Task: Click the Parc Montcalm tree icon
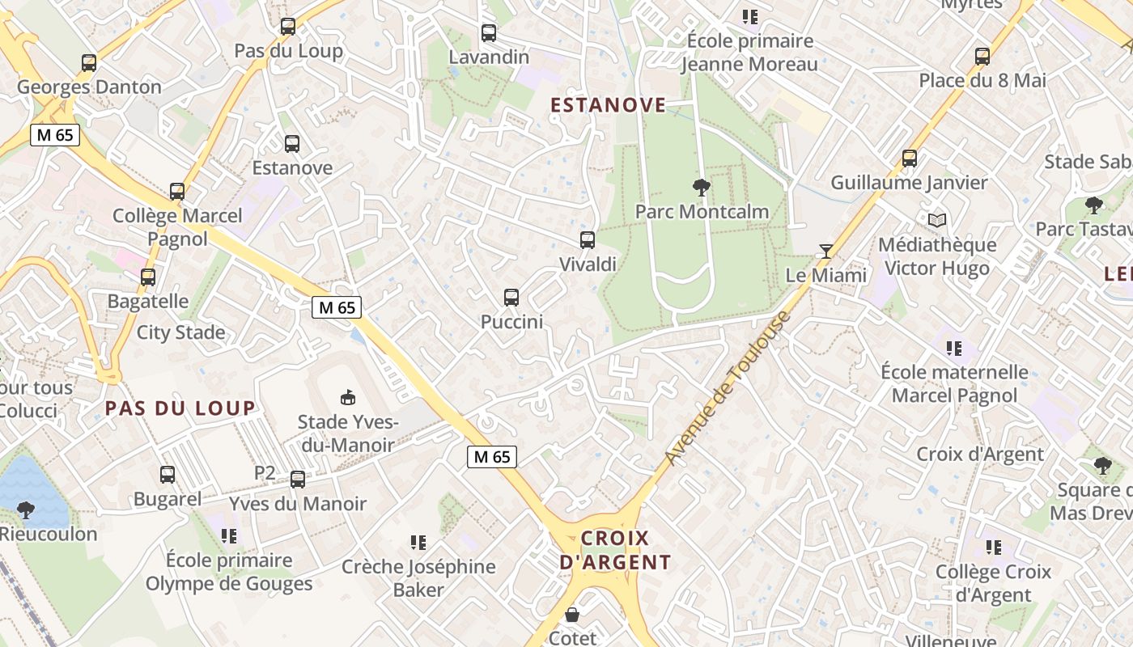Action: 702,188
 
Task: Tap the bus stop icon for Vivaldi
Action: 588,240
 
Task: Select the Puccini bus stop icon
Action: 511,298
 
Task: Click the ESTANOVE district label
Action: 609,105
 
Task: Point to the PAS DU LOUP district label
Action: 180,408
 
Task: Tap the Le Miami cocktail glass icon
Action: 825,252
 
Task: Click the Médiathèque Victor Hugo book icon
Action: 937,220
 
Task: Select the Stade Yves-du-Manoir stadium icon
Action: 347,397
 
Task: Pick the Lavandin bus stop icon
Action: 489,33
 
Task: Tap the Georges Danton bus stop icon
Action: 89,62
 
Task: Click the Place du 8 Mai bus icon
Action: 982,57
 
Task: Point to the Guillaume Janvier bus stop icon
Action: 910,159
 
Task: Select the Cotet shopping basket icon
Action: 572,615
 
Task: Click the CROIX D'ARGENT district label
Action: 615,550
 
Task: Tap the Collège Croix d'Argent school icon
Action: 994,548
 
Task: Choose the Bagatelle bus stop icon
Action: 148,277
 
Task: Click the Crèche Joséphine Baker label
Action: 418,578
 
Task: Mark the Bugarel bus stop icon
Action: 168,475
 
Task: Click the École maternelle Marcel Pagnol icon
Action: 954,349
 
